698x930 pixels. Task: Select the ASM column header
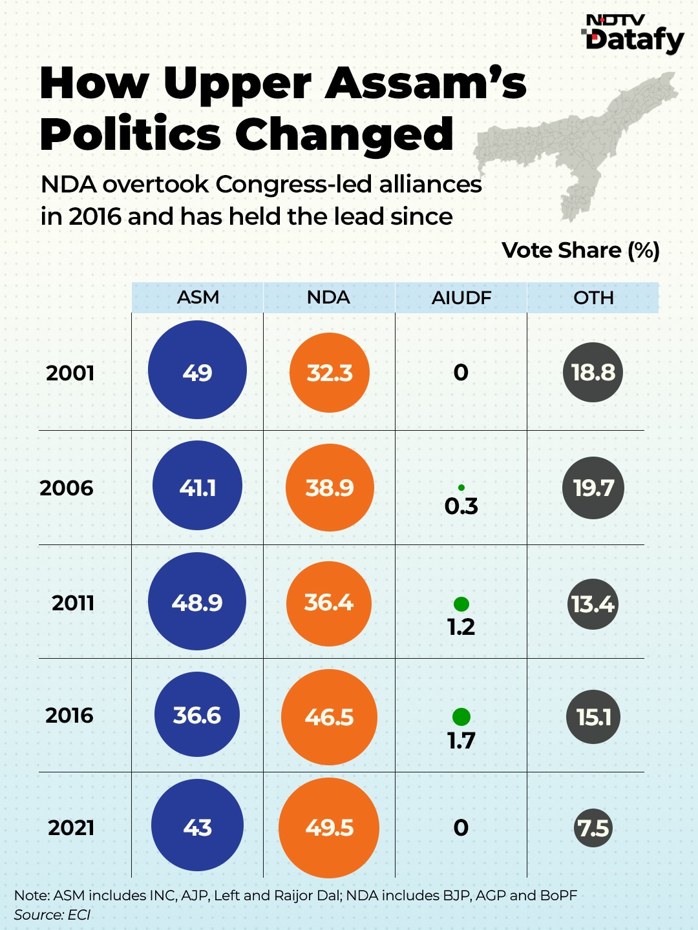tap(198, 298)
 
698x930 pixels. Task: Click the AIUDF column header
tap(461, 298)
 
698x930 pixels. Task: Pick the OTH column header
tap(593, 298)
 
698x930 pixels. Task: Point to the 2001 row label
tap(70, 373)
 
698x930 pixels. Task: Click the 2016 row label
tap(70, 716)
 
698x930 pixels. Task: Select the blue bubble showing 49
tap(197, 370)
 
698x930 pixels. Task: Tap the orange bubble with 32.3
tap(330, 373)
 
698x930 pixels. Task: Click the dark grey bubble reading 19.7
tap(593, 488)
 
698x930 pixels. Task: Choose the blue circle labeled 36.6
tap(197, 714)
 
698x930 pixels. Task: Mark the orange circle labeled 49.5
tap(329, 827)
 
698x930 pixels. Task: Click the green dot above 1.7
tap(461, 716)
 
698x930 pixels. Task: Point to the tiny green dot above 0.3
tap(461, 488)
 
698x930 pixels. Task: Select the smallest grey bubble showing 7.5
tap(593, 828)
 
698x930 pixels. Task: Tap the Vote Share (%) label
tap(580, 251)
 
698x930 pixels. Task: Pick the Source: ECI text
tap(52, 914)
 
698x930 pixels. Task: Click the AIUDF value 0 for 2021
tap(461, 827)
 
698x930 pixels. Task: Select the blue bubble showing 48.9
tap(197, 601)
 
